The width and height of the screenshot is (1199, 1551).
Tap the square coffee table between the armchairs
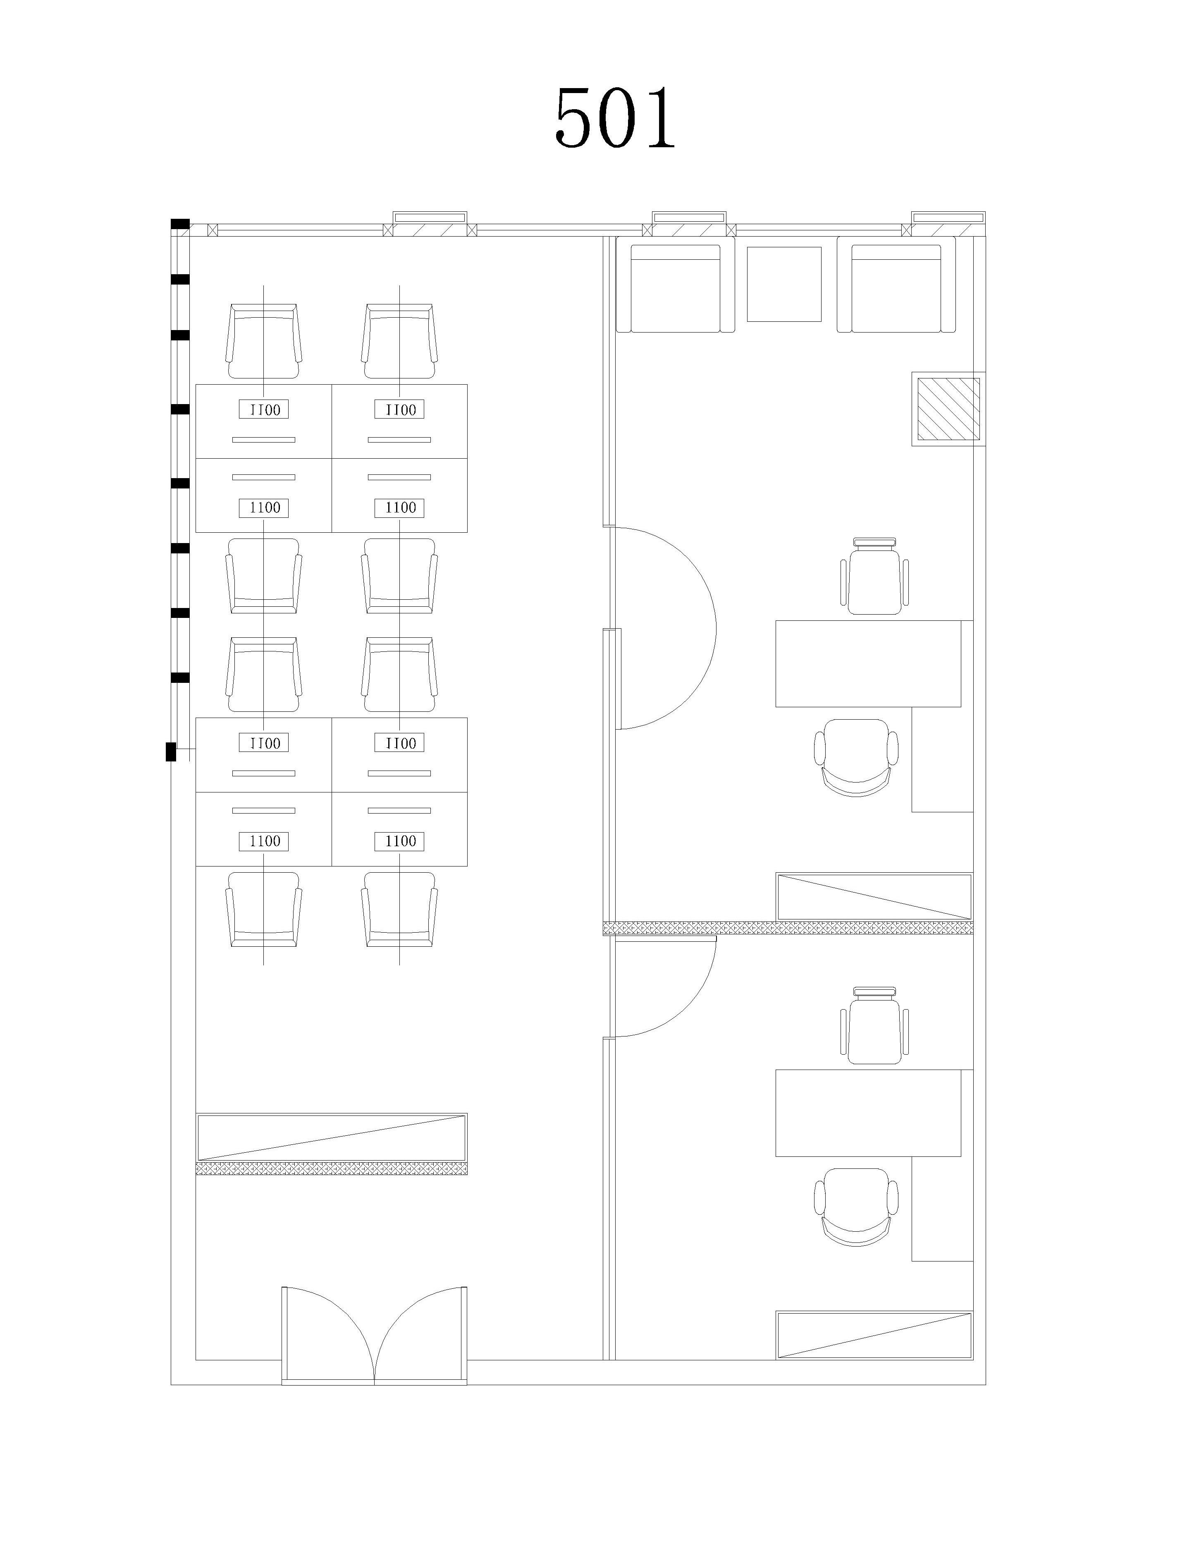784,284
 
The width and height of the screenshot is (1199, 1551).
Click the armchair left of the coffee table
675,285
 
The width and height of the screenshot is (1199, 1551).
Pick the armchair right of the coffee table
896,285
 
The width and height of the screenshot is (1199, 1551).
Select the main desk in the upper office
867,663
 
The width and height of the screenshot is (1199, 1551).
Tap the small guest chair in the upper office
874,577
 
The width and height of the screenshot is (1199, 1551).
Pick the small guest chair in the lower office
874,1025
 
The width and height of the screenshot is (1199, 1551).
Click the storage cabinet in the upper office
874,897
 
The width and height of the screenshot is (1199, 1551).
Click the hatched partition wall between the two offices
788,927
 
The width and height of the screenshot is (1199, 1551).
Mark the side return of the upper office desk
942,759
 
